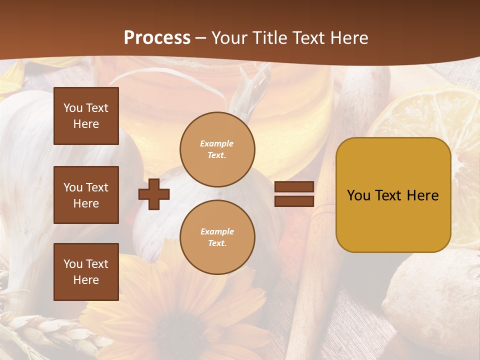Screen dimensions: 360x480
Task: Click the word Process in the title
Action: (x=157, y=38)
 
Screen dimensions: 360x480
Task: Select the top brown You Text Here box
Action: (x=86, y=116)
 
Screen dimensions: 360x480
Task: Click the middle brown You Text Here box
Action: (x=86, y=195)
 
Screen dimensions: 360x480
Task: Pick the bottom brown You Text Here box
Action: (x=86, y=271)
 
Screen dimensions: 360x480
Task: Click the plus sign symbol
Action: (x=154, y=194)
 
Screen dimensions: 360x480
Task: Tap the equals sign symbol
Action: (x=294, y=194)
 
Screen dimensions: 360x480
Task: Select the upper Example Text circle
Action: (x=217, y=149)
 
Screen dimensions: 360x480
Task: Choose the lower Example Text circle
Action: (x=217, y=237)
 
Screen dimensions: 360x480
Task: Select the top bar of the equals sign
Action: (x=294, y=186)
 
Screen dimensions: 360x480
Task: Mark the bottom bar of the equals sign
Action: (x=294, y=201)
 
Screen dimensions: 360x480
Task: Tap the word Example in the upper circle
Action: (x=217, y=143)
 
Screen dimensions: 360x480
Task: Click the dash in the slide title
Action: (x=201, y=38)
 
